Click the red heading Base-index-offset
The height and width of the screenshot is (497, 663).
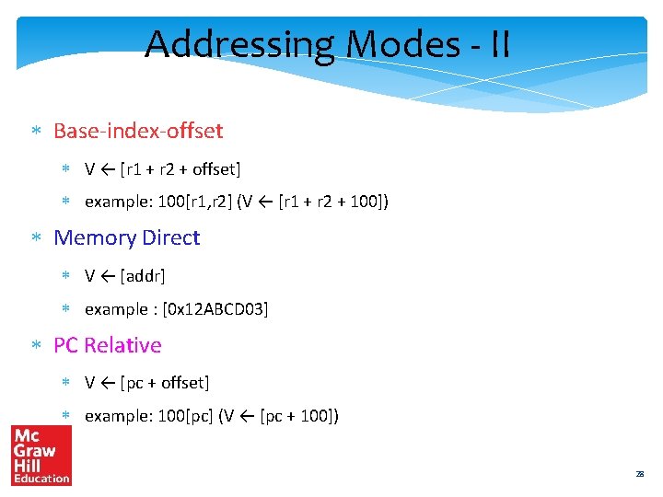click(x=138, y=131)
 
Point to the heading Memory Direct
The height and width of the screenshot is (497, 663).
click(x=126, y=237)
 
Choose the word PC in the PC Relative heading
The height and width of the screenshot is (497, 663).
click(x=65, y=345)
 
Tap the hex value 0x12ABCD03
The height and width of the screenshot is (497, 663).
click(x=215, y=309)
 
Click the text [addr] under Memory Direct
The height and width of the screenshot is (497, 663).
click(x=143, y=275)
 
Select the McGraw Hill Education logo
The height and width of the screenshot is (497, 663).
click(x=41, y=456)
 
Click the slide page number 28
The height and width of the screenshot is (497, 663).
click(x=639, y=474)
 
